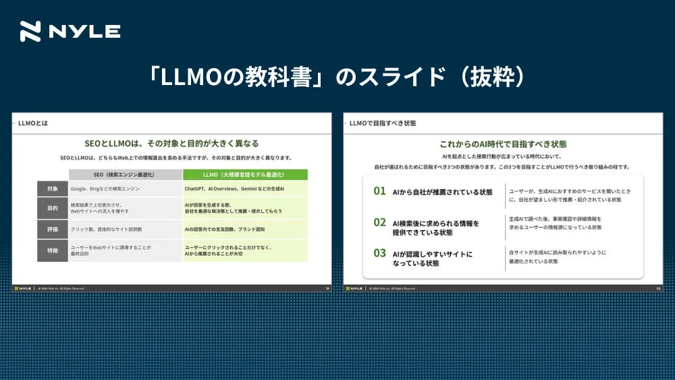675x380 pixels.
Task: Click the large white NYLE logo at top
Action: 70,32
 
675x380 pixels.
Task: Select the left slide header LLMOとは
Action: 33,124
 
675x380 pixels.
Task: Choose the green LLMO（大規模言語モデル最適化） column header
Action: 245,175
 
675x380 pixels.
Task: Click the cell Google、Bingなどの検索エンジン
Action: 110,189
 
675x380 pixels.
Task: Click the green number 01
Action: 380,192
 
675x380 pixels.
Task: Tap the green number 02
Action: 380,222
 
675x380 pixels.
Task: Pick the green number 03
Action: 380,254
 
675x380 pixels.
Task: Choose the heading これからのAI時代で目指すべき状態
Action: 503,144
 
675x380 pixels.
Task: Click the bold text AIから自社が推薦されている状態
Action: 442,192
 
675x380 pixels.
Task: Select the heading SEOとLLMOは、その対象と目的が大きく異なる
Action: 171,144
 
